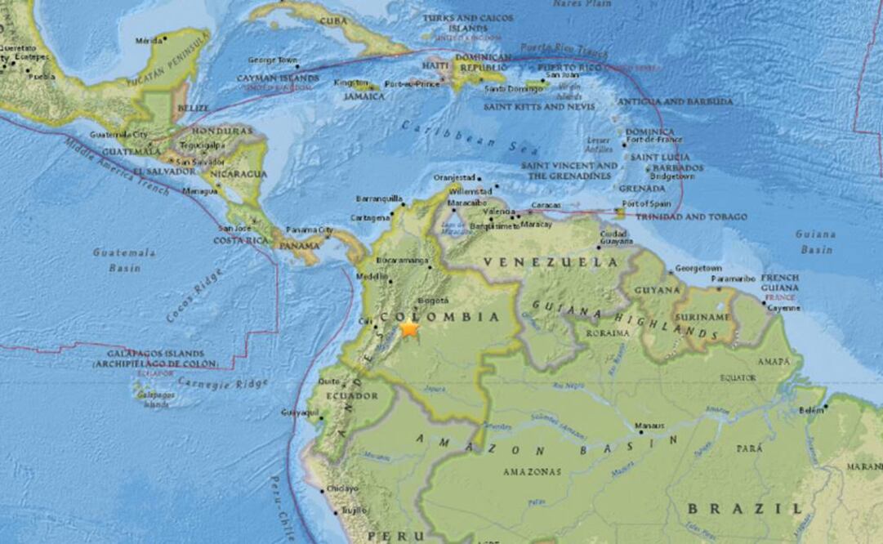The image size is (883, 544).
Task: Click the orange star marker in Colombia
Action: tap(409, 328)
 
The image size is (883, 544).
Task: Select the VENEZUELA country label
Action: tap(551, 262)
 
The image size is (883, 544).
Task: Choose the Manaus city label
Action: tap(650, 426)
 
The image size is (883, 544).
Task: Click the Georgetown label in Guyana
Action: tap(699, 268)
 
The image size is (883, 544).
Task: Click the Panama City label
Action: tap(310, 230)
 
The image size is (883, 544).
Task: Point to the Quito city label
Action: tap(329, 381)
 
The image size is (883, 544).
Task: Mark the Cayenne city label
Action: tap(783, 308)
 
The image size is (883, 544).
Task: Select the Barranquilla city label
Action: tap(379, 198)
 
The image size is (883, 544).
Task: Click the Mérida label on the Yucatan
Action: tap(149, 40)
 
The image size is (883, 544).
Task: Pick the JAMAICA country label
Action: tap(364, 96)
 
